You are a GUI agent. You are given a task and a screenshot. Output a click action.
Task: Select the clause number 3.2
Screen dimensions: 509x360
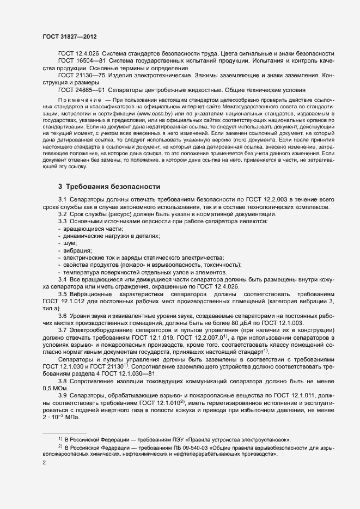[63, 215]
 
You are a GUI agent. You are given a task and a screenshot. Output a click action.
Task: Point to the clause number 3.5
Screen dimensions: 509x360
[63, 293]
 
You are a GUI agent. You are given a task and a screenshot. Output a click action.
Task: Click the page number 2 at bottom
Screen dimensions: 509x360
[44, 463]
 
